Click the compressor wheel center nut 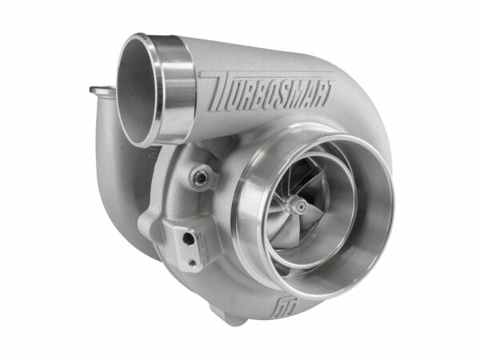pyautogui.click(x=300, y=207)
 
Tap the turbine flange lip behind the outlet pyautogui.click(x=100, y=93)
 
